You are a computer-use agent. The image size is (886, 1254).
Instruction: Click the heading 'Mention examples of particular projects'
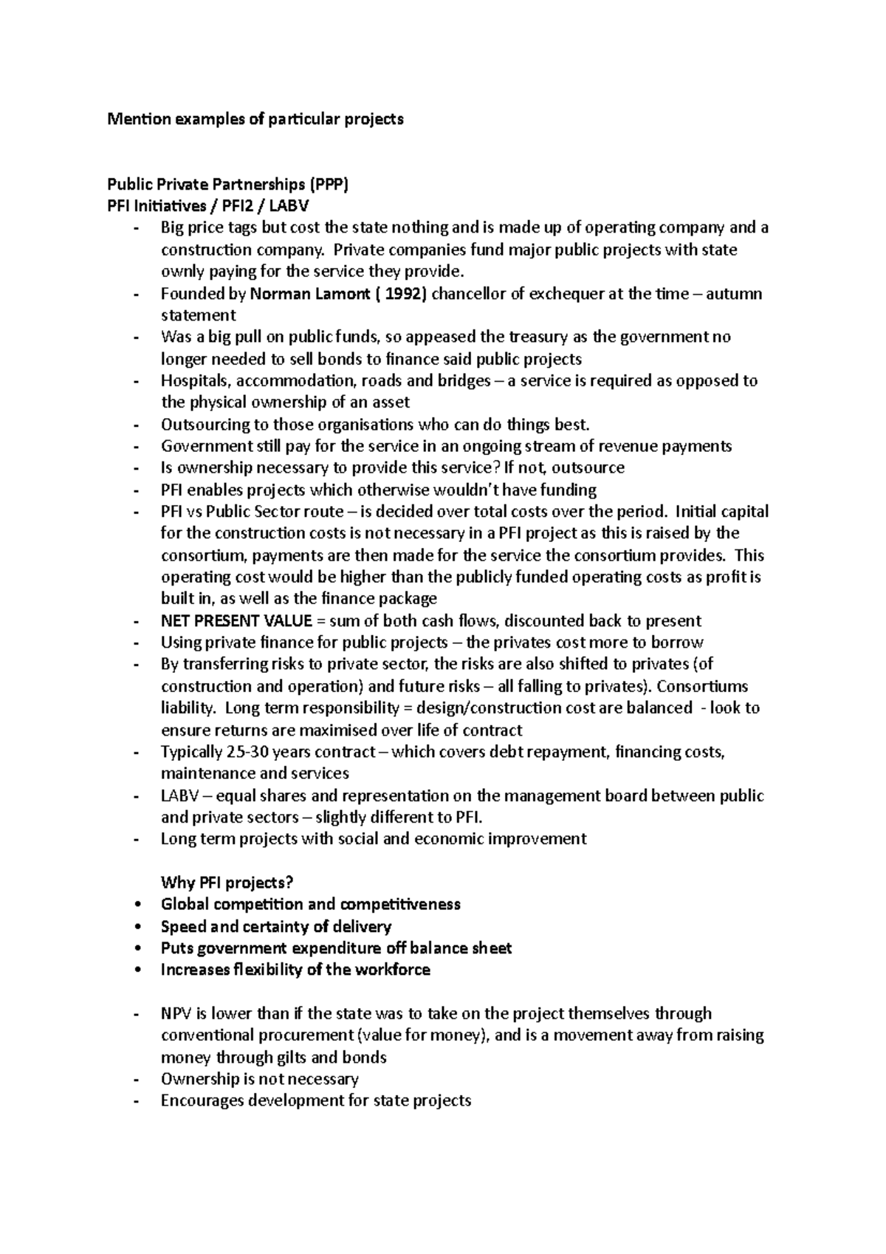[x=255, y=119]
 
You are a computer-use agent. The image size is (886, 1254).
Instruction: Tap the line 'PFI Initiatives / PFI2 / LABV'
[x=213, y=206]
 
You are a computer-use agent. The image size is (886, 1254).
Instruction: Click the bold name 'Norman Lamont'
[x=310, y=294]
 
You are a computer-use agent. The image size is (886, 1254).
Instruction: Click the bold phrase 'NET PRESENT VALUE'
[x=236, y=621]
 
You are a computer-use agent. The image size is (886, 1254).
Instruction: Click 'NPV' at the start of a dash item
[x=176, y=1014]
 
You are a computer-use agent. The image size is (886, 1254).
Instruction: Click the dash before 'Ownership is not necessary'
[x=137, y=1080]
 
